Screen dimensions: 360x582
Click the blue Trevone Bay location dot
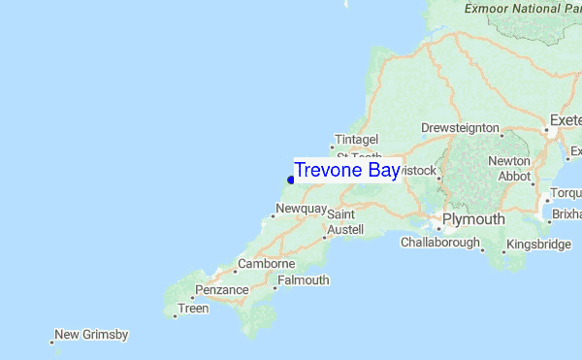[x=290, y=179]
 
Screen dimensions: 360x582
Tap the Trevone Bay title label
[x=347, y=170]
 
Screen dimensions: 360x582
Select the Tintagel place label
[x=355, y=139]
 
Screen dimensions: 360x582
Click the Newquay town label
[x=299, y=209]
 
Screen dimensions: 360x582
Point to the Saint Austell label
[x=344, y=221]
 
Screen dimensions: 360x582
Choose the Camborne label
[x=266, y=263]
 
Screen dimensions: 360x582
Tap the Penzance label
[x=222, y=289]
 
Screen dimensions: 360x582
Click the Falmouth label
[x=303, y=280]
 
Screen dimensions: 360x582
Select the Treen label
[x=193, y=309]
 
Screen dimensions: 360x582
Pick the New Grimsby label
[x=91, y=335]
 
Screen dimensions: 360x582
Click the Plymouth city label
[x=473, y=219]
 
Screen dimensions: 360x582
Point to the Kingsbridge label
[x=538, y=244]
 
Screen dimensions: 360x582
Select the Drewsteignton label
[x=460, y=128]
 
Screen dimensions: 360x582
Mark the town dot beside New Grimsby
[x=51, y=341]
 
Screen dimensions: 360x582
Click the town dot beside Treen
[x=175, y=315]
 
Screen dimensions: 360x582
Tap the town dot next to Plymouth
[x=437, y=229]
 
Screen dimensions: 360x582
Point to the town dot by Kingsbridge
[x=504, y=252]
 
